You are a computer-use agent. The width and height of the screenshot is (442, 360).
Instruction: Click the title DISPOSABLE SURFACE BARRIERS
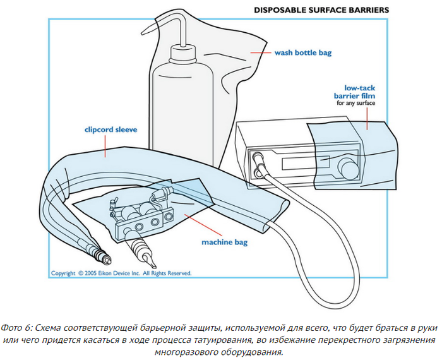[321, 10]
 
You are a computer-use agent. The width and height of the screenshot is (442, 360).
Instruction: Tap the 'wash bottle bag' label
[303, 52]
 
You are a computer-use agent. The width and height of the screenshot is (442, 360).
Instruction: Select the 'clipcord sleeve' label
[110, 129]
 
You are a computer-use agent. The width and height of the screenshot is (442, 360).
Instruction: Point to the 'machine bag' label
[225, 242]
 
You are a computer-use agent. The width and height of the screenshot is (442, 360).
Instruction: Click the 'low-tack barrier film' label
[355, 92]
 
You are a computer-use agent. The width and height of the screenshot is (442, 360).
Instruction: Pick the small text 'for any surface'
[355, 103]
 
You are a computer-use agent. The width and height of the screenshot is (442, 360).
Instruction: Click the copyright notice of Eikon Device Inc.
[121, 273]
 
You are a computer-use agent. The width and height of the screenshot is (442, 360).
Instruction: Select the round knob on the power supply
[350, 169]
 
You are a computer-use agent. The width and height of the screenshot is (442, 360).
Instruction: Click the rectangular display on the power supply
[306, 162]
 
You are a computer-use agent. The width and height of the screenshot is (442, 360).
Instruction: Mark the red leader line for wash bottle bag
[260, 52]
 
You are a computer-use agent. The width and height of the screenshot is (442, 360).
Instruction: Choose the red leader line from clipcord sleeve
[105, 146]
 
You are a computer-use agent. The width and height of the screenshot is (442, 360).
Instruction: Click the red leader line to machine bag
[203, 225]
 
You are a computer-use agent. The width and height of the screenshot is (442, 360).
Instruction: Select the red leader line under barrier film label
[367, 119]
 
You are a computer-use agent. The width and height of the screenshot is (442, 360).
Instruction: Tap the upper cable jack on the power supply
[257, 156]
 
